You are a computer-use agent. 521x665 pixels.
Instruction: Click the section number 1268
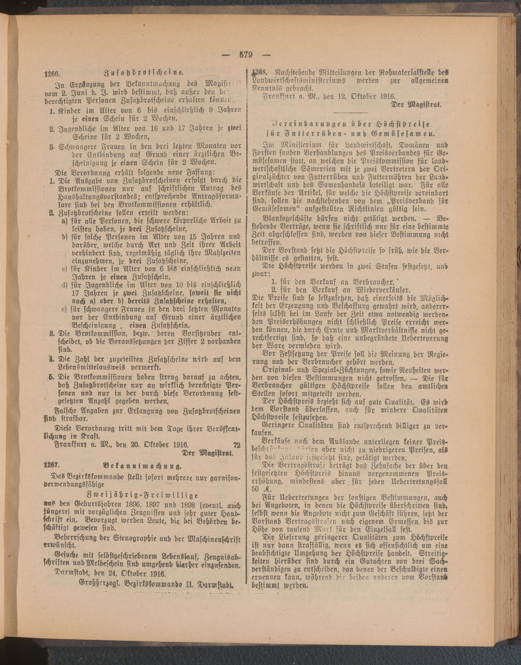(259, 72)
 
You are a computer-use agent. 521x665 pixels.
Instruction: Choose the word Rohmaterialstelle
(406, 73)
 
